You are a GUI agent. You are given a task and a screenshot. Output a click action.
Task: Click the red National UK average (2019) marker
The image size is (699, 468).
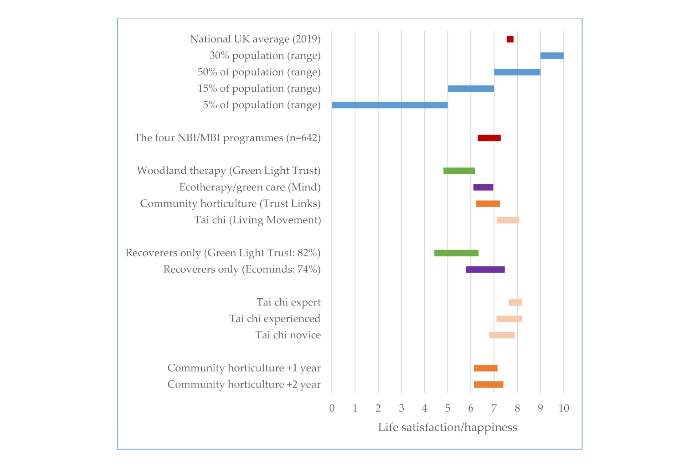click(x=510, y=39)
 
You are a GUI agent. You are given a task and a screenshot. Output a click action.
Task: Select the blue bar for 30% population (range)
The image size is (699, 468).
click(x=552, y=56)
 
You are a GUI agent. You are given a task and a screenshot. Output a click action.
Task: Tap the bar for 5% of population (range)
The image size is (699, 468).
click(x=390, y=105)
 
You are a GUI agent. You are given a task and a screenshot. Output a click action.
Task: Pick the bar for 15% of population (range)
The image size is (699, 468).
click(x=470, y=89)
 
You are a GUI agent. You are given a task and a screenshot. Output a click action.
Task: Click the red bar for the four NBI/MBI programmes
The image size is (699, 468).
click(x=489, y=138)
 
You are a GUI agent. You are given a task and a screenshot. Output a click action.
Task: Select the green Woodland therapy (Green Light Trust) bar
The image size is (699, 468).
click(x=459, y=171)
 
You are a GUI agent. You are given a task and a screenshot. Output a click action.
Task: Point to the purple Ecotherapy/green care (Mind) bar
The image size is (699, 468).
click(x=483, y=187)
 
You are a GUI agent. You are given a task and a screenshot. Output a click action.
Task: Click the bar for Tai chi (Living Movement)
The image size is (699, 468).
click(x=508, y=220)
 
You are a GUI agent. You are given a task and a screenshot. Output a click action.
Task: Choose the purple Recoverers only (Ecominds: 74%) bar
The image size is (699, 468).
click(x=485, y=270)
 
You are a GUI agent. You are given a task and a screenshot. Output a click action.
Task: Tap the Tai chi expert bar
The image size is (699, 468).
click(x=515, y=302)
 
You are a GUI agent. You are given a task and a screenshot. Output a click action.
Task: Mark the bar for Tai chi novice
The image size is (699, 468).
click(x=502, y=335)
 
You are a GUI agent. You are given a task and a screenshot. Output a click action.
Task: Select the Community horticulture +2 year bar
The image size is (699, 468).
click(x=488, y=385)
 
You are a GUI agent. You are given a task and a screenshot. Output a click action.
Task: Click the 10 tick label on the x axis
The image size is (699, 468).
click(x=563, y=408)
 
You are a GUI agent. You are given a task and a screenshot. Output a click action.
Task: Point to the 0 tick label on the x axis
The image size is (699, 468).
click(x=332, y=408)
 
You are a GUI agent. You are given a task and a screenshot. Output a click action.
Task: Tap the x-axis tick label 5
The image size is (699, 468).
click(x=447, y=408)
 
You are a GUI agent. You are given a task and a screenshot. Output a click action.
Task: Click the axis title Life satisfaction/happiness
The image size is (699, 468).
click(x=447, y=427)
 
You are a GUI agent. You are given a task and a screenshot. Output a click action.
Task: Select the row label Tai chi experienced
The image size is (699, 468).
click(x=275, y=319)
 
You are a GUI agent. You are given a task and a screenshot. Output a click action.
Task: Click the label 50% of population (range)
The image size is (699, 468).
click(x=259, y=72)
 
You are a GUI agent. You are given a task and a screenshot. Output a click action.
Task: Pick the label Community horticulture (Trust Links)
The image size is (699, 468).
click(x=230, y=204)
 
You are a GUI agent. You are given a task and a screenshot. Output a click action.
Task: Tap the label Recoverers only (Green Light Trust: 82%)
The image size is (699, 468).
click(x=223, y=253)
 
